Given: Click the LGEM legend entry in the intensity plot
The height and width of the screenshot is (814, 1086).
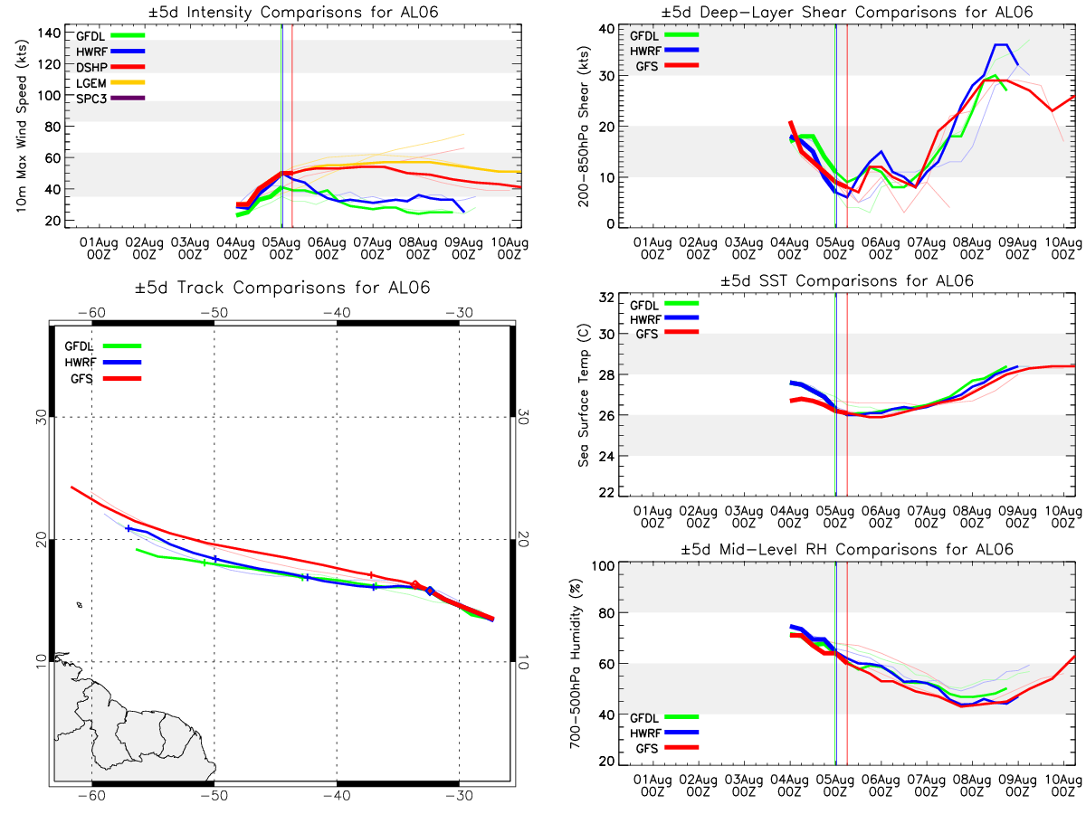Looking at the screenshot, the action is tap(110, 82).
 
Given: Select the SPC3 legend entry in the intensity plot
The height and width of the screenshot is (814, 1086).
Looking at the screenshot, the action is tap(110, 99).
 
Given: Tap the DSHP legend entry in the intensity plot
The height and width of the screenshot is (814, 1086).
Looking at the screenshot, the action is tap(110, 67).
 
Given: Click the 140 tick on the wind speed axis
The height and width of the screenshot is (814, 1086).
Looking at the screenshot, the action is tap(49, 33).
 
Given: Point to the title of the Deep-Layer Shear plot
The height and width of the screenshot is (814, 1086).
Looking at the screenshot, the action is tap(846, 12).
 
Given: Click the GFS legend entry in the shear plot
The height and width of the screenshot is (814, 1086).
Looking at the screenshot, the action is tap(667, 66).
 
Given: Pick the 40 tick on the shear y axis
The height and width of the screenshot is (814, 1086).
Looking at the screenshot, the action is tap(606, 28).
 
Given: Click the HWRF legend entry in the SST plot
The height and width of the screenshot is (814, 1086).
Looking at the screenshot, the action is tap(664, 318).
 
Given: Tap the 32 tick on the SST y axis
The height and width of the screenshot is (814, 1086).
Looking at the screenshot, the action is tap(606, 298).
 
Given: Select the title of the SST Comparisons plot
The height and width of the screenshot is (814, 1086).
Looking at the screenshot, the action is tap(846, 280).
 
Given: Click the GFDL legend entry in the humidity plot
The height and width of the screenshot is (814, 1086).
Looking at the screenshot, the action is tap(664, 717).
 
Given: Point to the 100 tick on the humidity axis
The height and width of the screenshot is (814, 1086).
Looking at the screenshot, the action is tap(603, 565).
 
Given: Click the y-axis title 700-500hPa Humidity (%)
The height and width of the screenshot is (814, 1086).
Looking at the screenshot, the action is tap(576, 663).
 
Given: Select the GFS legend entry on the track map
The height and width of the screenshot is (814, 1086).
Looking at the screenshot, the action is tap(106, 379).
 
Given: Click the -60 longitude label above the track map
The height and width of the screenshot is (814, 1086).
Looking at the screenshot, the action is tap(91, 312).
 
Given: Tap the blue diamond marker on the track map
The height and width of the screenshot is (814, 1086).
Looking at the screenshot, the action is tap(430, 591).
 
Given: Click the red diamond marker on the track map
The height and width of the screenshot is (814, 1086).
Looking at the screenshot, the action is tap(415, 585).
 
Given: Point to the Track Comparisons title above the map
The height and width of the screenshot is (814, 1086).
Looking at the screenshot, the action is tap(282, 288).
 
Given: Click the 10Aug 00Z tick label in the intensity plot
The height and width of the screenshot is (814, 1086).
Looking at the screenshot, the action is tap(510, 248).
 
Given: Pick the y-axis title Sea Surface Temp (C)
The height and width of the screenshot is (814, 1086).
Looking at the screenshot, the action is tap(584, 395).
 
